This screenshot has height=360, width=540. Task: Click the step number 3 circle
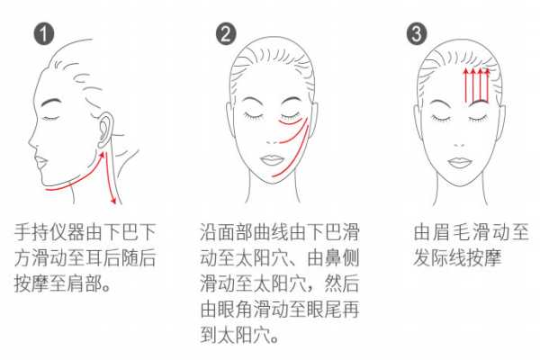[x=414, y=35]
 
